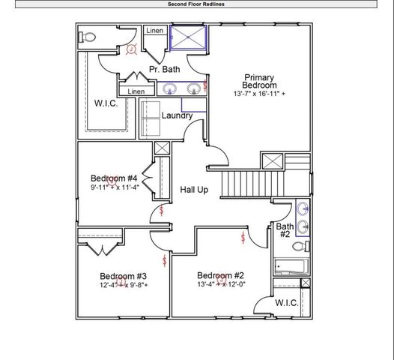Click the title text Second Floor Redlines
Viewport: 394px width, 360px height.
coord(197,4)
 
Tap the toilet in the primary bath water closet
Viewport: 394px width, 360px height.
coord(88,36)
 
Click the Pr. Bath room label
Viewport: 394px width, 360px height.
coord(164,70)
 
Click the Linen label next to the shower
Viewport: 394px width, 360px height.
coord(154,31)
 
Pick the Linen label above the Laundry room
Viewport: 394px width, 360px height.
coord(136,91)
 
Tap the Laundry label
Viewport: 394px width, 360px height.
coord(177,115)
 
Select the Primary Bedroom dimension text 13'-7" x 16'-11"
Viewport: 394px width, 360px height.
coord(259,94)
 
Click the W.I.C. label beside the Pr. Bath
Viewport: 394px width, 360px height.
coord(106,103)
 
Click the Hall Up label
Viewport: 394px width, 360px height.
coord(194,190)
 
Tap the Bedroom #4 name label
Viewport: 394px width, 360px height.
coord(113,178)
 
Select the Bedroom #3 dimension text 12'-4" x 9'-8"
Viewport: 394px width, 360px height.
coord(124,285)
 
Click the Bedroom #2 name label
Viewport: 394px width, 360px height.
coord(220,274)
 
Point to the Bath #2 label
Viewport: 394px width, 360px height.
coord(285,230)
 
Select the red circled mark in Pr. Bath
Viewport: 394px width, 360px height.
coord(131,49)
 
